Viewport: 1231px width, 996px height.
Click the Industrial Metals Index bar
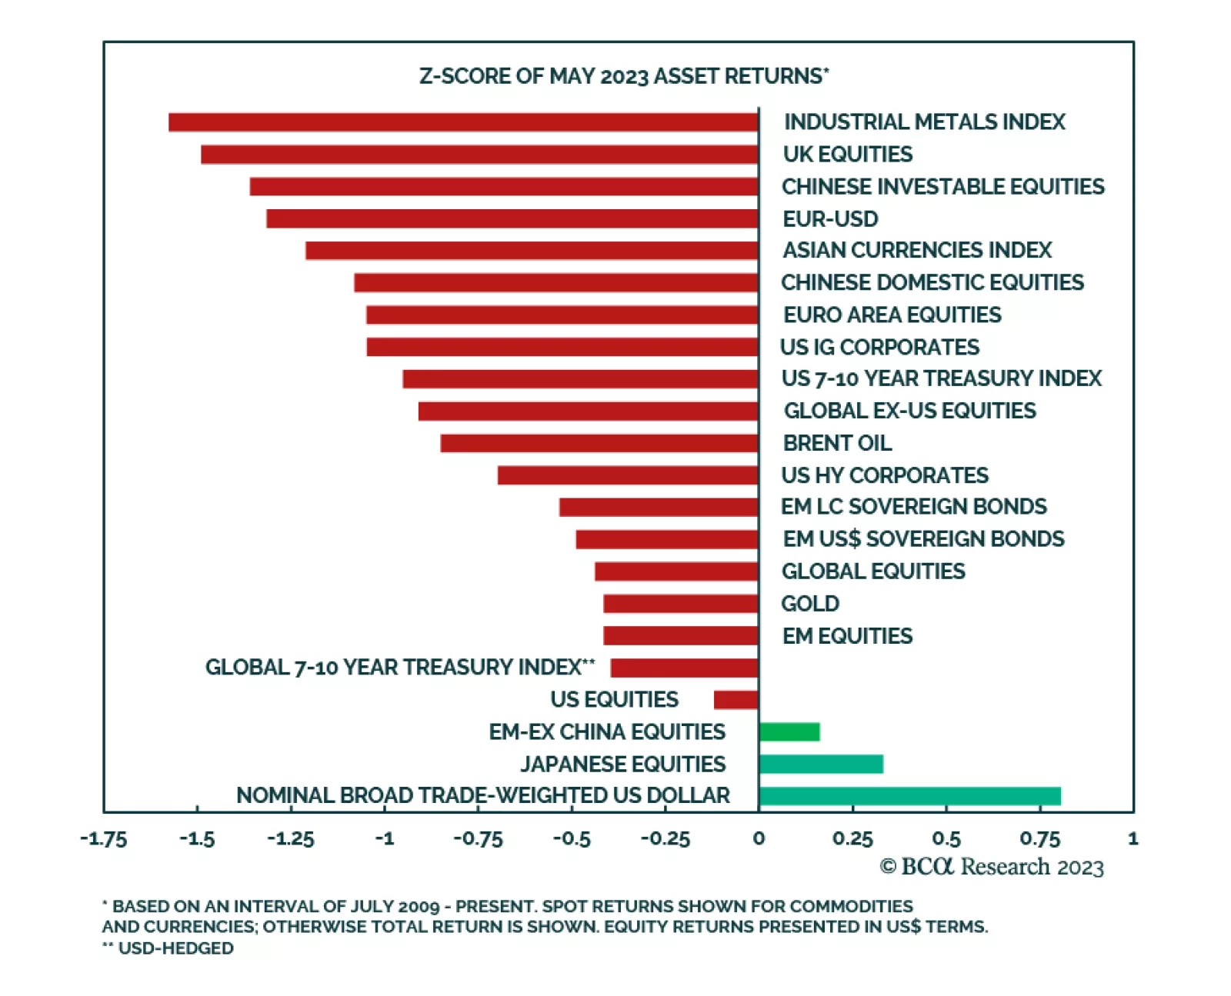(x=463, y=122)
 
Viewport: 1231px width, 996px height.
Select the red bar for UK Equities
(x=479, y=155)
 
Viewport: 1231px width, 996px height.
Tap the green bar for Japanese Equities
(x=820, y=764)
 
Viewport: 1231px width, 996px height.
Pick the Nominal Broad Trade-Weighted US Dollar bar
(x=909, y=796)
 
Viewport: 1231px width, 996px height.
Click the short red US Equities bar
(x=736, y=700)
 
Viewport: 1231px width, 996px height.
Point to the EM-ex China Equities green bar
(x=789, y=731)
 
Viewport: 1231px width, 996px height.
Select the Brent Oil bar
(x=599, y=443)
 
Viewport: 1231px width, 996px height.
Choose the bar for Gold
(x=681, y=604)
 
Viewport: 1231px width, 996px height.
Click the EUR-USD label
(x=830, y=219)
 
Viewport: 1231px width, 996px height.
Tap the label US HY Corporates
(x=885, y=475)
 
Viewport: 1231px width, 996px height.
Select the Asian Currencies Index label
(x=916, y=251)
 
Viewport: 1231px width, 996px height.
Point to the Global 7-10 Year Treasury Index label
(x=399, y=667)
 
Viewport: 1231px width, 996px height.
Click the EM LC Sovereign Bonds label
(x=913, y=507)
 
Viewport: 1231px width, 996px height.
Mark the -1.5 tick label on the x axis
(x=197, y=838)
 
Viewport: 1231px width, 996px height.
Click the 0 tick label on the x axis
(x=759, y=838)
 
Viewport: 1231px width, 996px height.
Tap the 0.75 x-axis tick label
(x=1039, y=838)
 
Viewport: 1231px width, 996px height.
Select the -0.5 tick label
(x=572, y=838)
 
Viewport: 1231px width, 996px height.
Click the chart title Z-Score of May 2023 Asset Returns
(x=623, y=76)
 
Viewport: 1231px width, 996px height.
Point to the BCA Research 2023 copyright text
(x=992, y=867)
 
